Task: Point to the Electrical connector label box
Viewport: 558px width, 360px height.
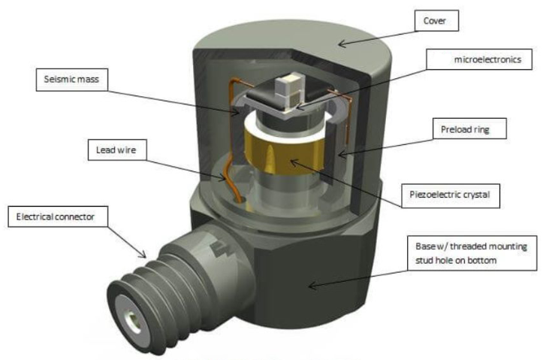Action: [x=59, y=218]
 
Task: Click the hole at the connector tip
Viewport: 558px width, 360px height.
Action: [x=133, y=322]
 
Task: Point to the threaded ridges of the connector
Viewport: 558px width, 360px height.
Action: [x=161, y=286]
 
